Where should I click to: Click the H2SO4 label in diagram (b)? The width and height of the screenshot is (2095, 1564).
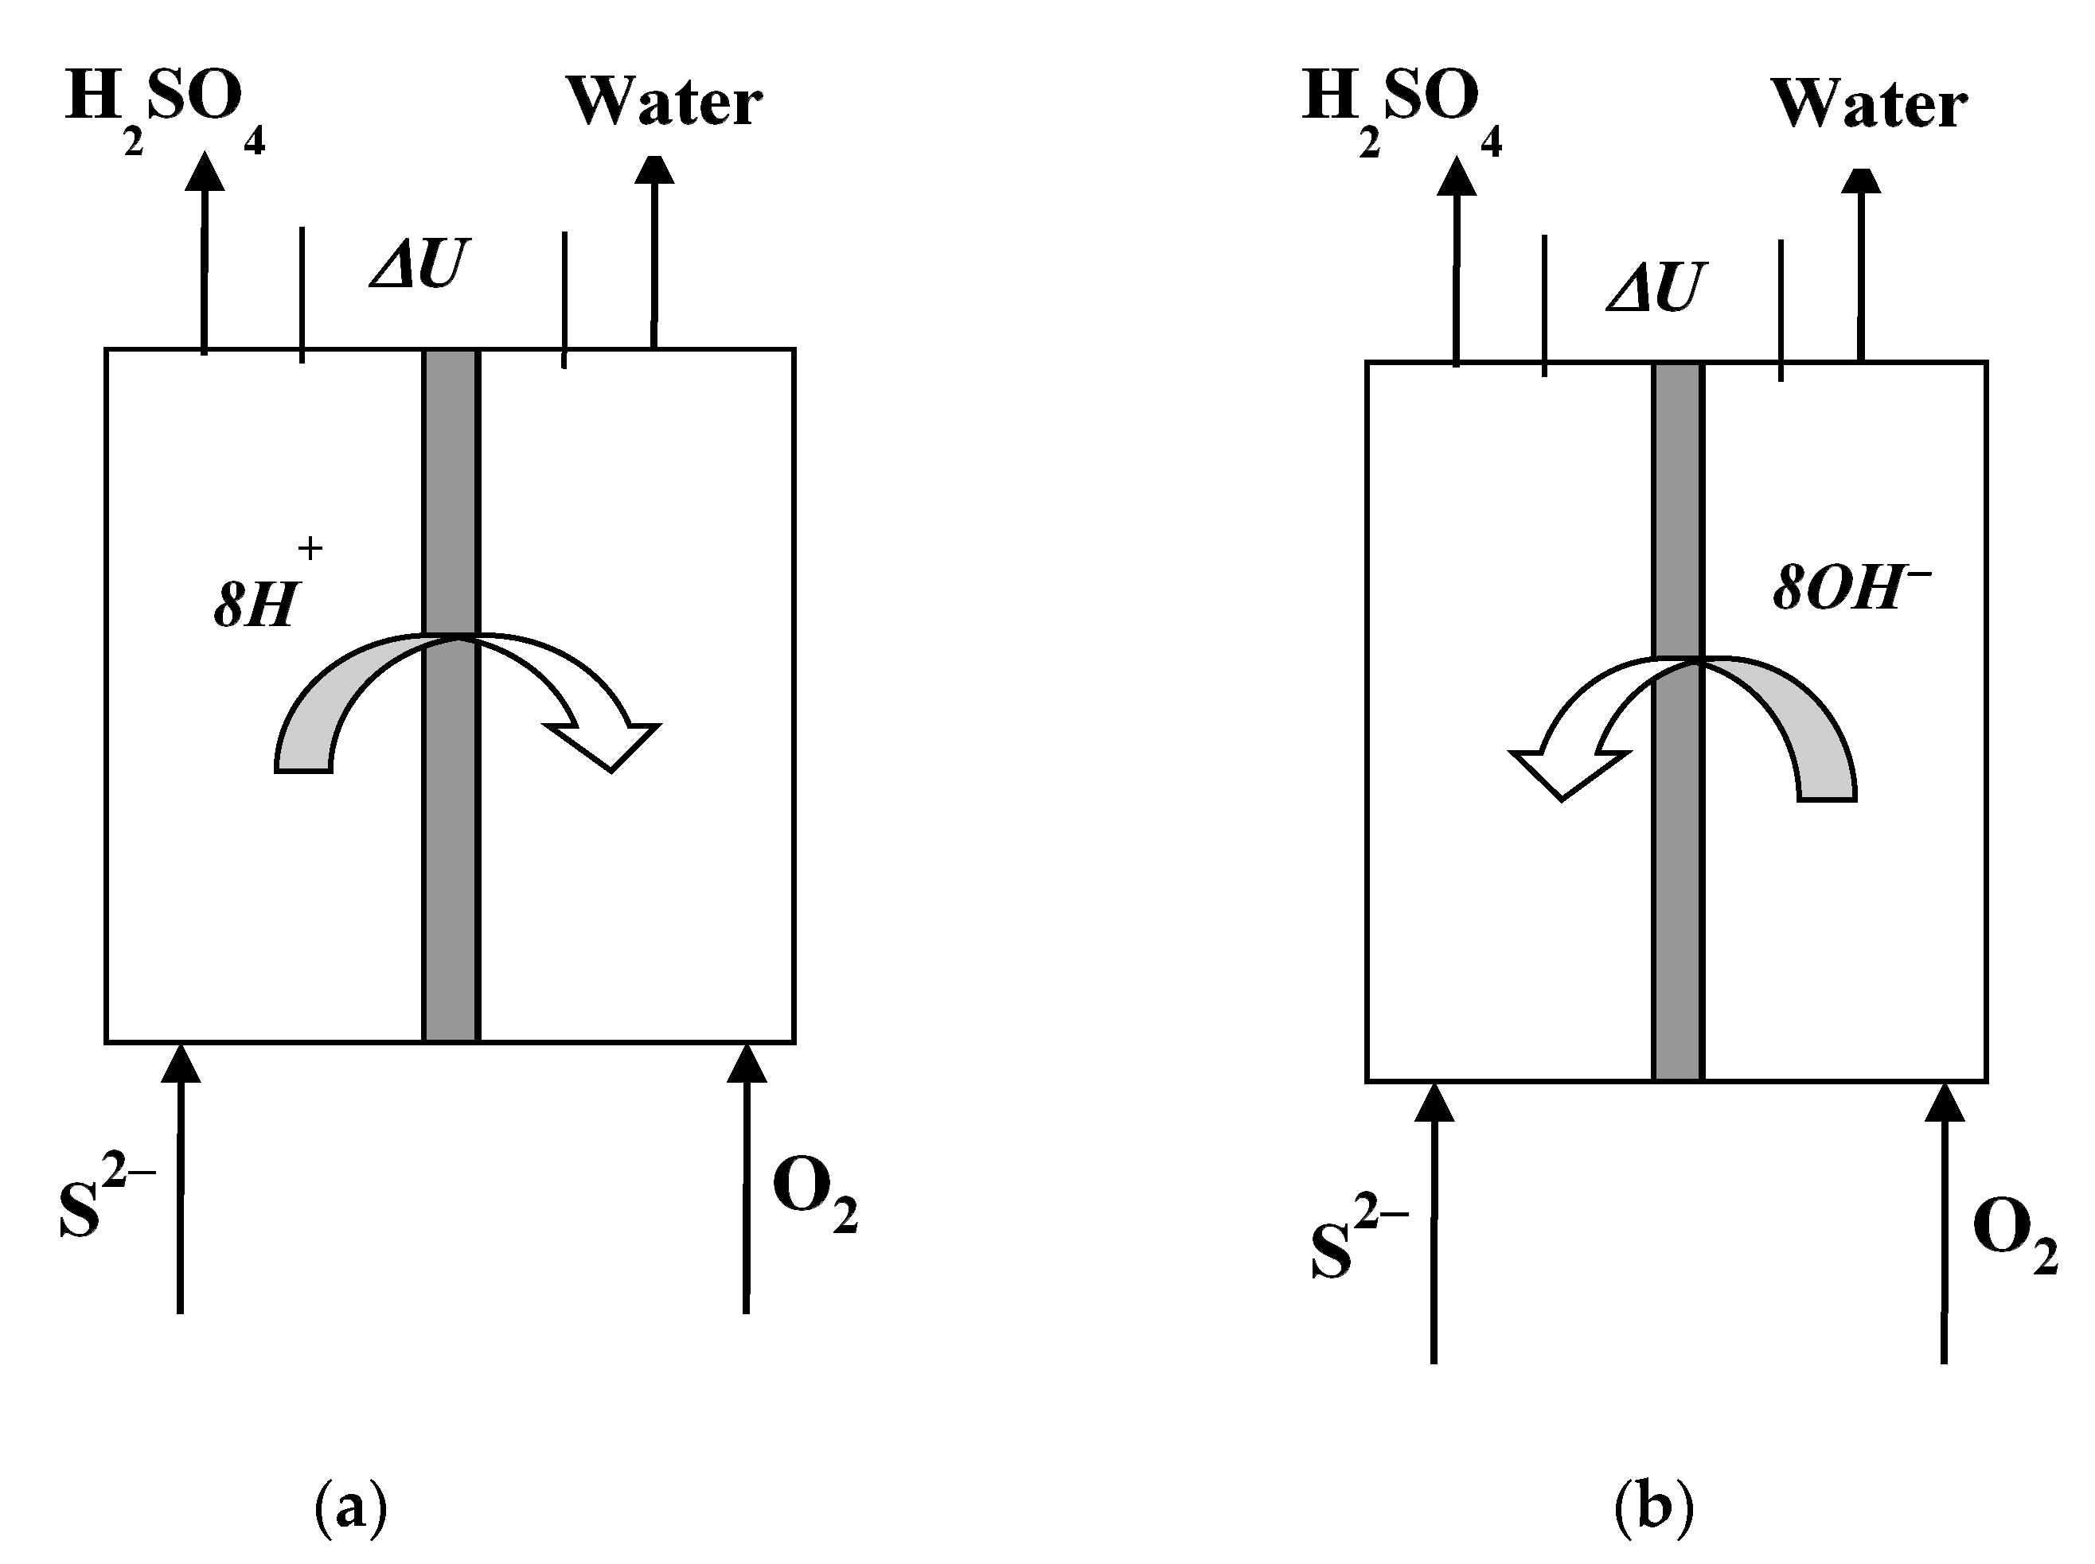click(x=1400, y=106)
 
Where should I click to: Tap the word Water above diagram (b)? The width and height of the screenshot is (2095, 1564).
click(x=1869, y=103)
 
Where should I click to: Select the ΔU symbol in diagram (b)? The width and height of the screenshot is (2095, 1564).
click(x=1656, y=286)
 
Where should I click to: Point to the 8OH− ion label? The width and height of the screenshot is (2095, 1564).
click(x=1850, y=587)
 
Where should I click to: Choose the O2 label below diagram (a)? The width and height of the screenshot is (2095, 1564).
click(x=813, y=1195)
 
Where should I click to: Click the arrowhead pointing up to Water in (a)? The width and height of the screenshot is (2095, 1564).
click(x=654, y=170)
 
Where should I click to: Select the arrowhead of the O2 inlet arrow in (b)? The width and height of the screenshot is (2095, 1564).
click(x=1945, y=1103)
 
